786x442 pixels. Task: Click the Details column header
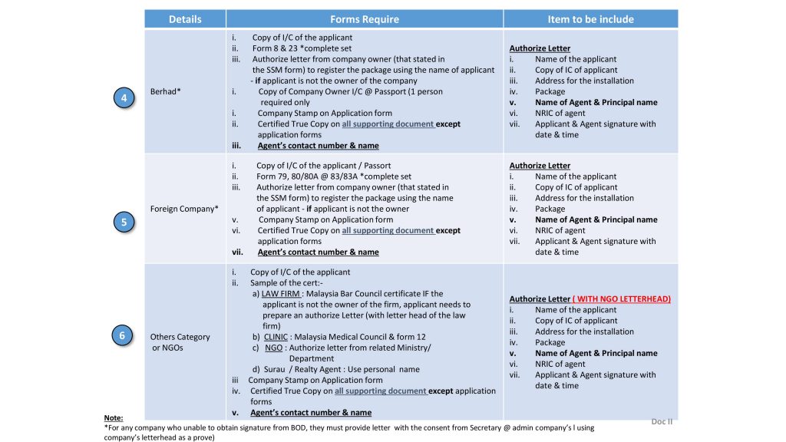tap(184, 18)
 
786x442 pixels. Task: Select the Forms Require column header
tap(365, 18)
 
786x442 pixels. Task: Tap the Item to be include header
tap(590, 18)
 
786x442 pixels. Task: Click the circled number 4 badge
tap(123, 98)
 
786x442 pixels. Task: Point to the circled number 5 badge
tap(123, 223)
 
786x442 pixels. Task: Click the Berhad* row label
tap(167, 91)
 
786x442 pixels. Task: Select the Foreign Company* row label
tap(184, 209)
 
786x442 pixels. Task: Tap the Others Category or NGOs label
tap(180, 342)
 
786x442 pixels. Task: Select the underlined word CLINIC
tap(276, 337)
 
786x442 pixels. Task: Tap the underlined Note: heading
tap(113, 418)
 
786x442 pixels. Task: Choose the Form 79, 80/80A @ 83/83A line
tap(333, 176)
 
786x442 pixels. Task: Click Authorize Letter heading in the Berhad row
tap(540, 48)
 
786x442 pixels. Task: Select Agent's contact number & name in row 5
tap(318, 252)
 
